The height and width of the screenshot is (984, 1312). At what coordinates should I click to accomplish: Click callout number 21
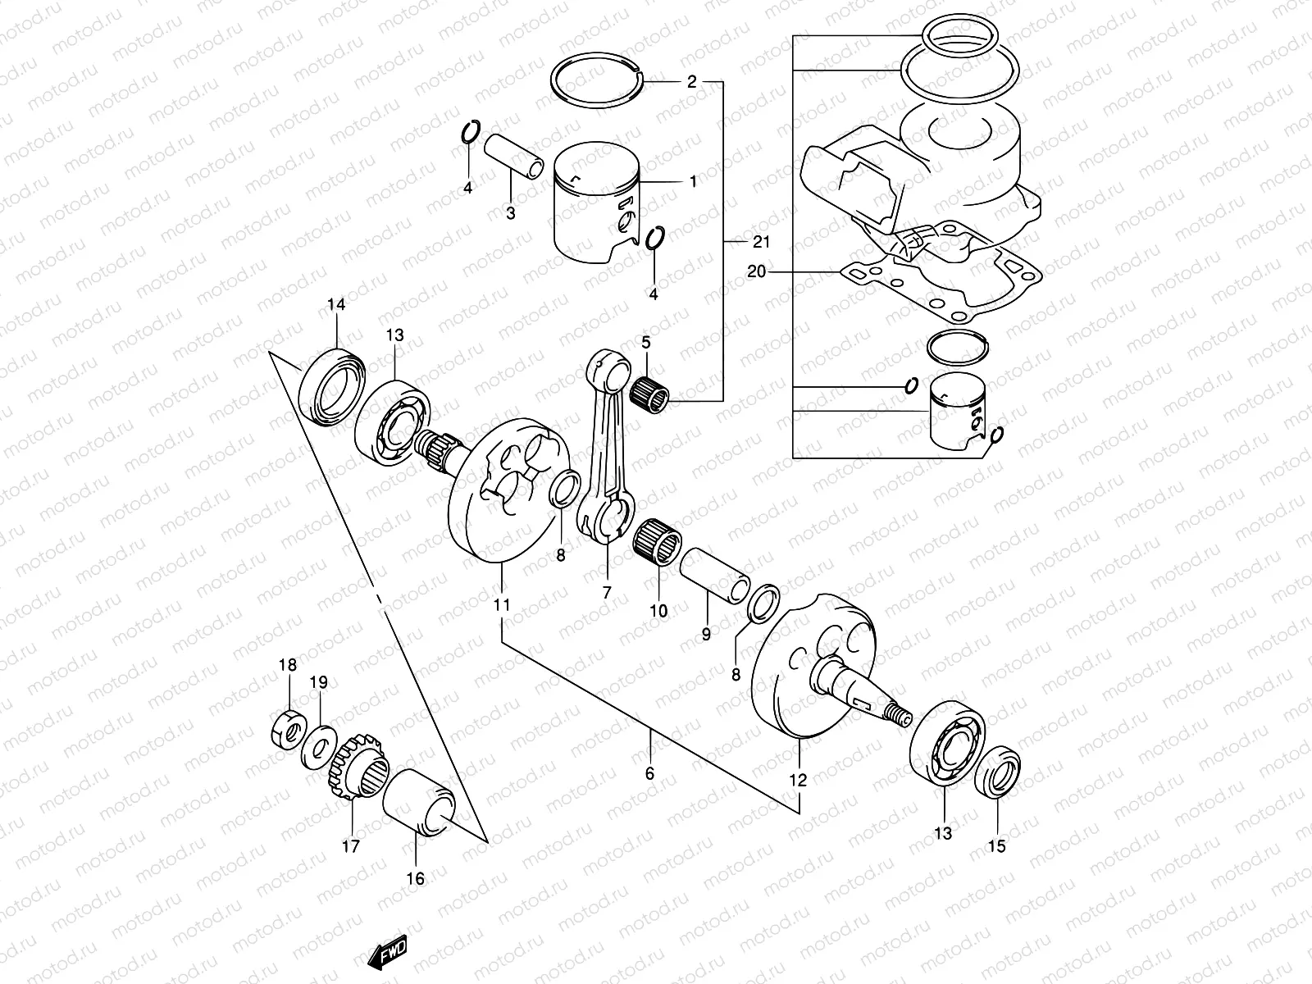pos(761,242)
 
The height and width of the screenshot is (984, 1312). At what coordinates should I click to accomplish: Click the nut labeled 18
pos(289,726)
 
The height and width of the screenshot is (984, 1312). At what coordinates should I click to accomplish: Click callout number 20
pos(756,271)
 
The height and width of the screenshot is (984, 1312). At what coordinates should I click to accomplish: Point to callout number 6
pos(649,773)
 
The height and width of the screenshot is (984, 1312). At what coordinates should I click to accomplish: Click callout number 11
pos(502,605)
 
